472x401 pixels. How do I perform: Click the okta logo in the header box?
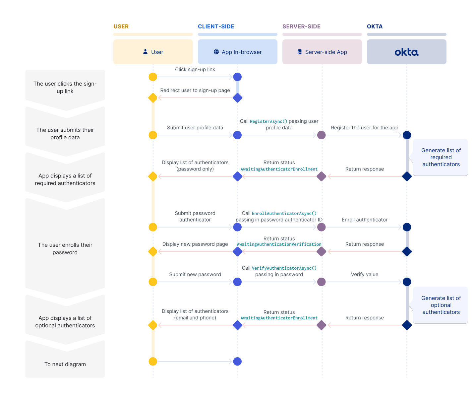point(406,52)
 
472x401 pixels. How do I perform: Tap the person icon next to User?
point(145,52)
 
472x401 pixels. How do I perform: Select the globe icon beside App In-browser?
point(216,52)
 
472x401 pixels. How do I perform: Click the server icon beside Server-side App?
point(299,52)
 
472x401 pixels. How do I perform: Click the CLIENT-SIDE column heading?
point(216,27)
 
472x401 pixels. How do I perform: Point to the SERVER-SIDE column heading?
point(301,27)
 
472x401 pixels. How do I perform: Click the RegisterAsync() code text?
point(268,121)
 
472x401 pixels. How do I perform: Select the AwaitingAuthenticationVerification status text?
point(279,244)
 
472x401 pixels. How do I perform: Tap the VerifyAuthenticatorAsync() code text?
point(284,268)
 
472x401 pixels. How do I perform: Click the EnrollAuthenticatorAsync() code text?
point(284,213)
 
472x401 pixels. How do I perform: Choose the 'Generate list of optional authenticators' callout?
point(441,305)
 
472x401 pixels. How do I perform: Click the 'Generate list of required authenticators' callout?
point(441,157)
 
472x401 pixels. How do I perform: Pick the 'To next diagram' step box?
point(65,364)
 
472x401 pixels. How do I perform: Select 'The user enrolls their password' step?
point(65,248)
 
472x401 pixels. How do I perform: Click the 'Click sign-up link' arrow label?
point(195,69)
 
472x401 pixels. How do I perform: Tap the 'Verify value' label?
point(364,274)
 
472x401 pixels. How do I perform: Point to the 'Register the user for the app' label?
point(364,128)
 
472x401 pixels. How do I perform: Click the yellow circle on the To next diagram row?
point(153,362)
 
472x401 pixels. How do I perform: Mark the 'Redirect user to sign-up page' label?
point(195,90)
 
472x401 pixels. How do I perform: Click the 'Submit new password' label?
point(195,274)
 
